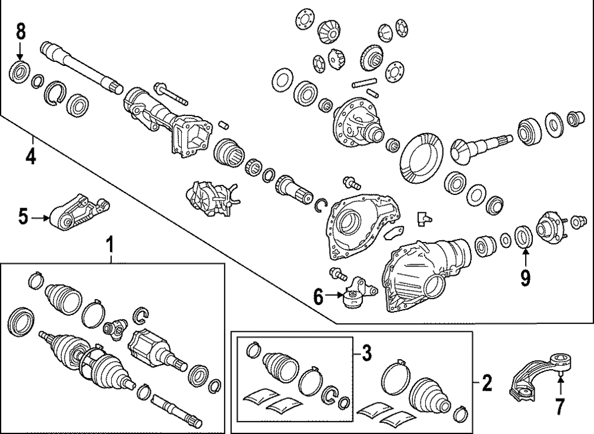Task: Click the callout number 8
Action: tap(21, 30)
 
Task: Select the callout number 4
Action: tap(30, 156)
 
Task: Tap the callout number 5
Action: tap(23, 217)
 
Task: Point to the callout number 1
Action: tap(109, 245)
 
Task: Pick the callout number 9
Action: tap(525, 277)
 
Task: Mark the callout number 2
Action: tap(487, 383)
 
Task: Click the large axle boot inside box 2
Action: tap(430, 395)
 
